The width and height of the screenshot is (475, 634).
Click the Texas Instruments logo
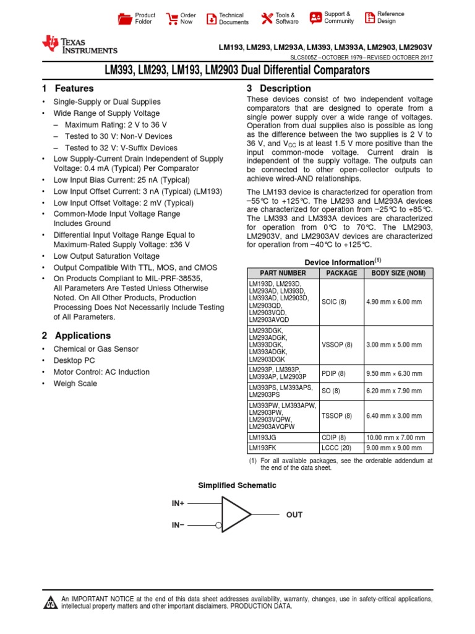(79, 45)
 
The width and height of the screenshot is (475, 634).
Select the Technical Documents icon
(212, 19)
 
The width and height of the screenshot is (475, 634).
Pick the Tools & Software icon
(267, 19)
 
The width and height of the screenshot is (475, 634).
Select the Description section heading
(279, 89)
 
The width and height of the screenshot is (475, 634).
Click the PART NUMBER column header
(283, 273)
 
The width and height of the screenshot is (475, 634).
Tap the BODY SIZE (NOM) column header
(398, 273)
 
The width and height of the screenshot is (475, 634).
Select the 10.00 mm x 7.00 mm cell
(395, 438)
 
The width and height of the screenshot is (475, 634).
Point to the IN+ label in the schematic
(178, 503)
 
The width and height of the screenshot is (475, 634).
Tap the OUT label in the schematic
(294, 515)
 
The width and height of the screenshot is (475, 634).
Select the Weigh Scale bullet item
(75, 384)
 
